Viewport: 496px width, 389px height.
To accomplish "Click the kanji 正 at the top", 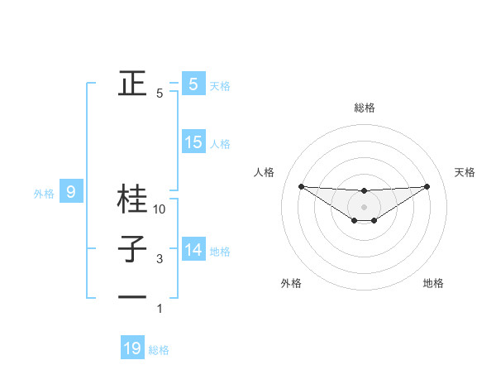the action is [x=132, y=84].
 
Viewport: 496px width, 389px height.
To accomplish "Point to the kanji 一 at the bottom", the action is [x=132, y=296].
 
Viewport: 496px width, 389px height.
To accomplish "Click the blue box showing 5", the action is [x=193, y=84].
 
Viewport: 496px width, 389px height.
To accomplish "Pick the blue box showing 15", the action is [x=193, y=142].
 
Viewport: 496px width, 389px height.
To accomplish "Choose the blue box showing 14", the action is [x=193, y=249].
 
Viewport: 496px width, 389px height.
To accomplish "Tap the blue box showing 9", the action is [x=71, y=193].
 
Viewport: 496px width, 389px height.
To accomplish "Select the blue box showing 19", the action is [x=132, y=348].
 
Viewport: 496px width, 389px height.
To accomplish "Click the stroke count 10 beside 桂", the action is [x=160, y=209].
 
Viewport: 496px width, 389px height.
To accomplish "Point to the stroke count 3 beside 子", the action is [x=160, y=259].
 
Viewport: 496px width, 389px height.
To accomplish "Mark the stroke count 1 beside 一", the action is [x=160, y=309].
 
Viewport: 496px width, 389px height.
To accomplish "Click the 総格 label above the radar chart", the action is [x=364, y=108].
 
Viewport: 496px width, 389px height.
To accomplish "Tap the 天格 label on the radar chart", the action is [x=465, y=172].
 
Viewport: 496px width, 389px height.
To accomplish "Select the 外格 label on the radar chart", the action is [x=291, y=283].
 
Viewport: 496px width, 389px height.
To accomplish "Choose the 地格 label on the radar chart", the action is [x=433, y=283].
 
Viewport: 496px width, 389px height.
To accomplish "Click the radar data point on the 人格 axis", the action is [x=301, y=186].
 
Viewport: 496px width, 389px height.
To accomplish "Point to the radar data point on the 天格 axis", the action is [x=427, y=186].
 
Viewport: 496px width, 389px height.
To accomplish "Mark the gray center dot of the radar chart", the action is [x=364, y=206].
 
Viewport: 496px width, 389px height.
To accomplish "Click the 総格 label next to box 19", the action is [x=159, y=349].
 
